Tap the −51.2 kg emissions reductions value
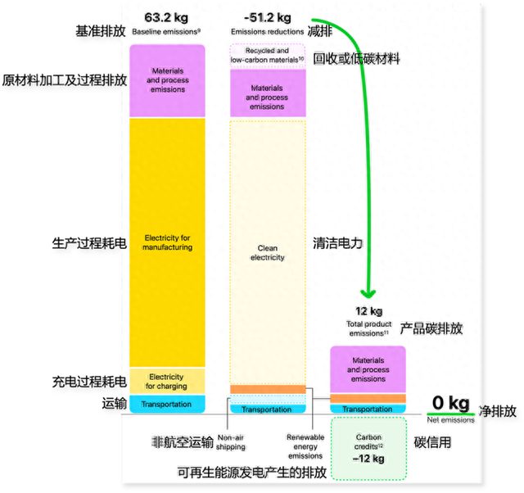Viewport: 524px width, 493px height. point(267,17)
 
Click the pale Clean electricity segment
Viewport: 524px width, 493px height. point(268,251)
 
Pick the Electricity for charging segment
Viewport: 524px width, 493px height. point(168,382)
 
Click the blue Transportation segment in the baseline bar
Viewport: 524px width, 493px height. point(168,405)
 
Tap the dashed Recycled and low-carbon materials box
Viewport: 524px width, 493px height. point(268,55)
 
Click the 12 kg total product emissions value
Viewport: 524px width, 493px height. point(368,311)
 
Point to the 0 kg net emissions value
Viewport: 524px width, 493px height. point(450,403)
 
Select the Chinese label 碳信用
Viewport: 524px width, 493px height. point(434,442)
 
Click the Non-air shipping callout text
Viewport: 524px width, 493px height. point(232,441)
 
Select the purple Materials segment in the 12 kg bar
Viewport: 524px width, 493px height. point(368,369)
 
